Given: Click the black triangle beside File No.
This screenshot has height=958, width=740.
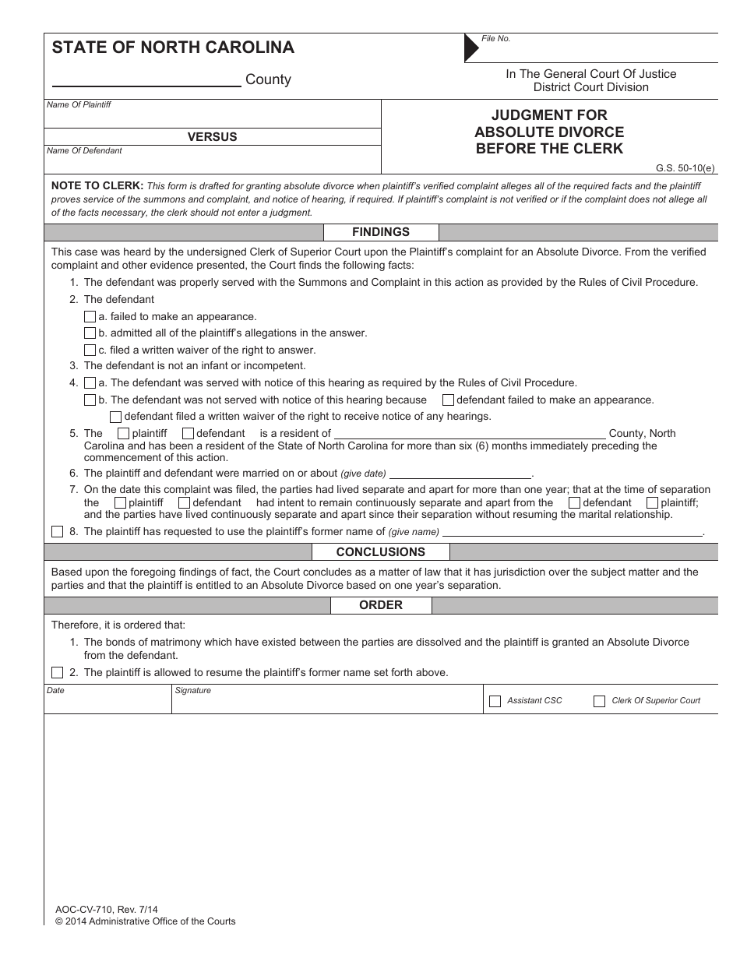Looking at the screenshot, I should point(470,48).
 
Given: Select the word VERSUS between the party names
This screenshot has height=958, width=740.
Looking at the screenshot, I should point(212,137).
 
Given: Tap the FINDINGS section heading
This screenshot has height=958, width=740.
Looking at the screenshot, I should point(381,232).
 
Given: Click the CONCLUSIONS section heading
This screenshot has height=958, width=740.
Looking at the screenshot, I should point(381,552).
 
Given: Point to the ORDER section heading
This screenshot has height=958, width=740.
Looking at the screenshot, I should point(381,605).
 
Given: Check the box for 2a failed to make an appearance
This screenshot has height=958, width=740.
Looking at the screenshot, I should point(90,317).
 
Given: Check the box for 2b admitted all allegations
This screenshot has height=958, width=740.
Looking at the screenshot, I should point(90,333).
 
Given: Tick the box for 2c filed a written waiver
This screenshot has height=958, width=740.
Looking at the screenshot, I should point(90,350).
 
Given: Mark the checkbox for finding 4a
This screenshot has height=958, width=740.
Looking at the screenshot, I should point(90,383).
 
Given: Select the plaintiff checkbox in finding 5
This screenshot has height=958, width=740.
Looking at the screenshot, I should point(123,434).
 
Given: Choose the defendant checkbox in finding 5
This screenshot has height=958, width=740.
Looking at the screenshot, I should point(187,434).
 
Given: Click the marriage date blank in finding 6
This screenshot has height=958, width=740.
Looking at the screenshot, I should point(460,474).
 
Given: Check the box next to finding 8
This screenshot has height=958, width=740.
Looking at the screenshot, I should point(57,532).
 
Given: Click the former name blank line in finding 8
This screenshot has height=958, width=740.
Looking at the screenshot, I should point(572,533).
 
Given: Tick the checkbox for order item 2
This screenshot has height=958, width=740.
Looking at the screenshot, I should point(57,673).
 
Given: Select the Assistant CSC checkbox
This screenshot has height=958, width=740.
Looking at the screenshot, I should point(495,701).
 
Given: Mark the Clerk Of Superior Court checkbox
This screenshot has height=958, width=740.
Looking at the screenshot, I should point(599,701).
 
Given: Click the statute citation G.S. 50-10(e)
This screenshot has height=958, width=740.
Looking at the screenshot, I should point(685,167).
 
